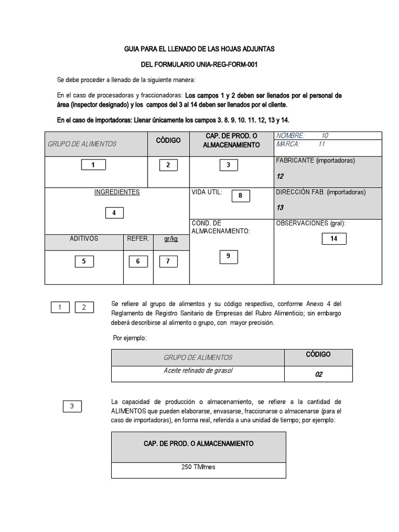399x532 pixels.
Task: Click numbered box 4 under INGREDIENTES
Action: [x=114, y=213]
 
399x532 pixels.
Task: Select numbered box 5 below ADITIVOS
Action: [x=84, y=261]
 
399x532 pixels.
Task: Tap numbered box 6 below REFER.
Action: [x=138, y=261]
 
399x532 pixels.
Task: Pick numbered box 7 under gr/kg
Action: [x=168, y=261]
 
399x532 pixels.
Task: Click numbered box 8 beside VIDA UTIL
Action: [x=240, y=196]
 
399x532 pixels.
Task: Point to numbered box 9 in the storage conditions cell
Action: [x=228, y=256]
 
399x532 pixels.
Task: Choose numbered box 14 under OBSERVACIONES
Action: [x=334, y=239]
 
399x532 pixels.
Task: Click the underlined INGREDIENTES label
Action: [x=117, y=192]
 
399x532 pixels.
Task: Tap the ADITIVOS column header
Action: [x=84, y=239]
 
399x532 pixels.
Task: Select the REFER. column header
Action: [x=138, y=239]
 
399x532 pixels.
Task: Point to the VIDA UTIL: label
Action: [x=207, y=192]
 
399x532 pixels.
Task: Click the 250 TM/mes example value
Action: [x=198, y=467]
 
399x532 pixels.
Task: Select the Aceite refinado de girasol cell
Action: [x=198, y=371]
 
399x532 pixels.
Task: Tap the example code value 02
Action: [x=318, y=374]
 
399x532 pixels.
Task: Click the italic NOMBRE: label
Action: [x=291, y=136]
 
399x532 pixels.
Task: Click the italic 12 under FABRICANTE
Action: [x=280, y=177]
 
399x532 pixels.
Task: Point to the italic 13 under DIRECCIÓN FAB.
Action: [x=280, y=208]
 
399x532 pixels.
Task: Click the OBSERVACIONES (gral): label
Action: [x=311, y=223]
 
